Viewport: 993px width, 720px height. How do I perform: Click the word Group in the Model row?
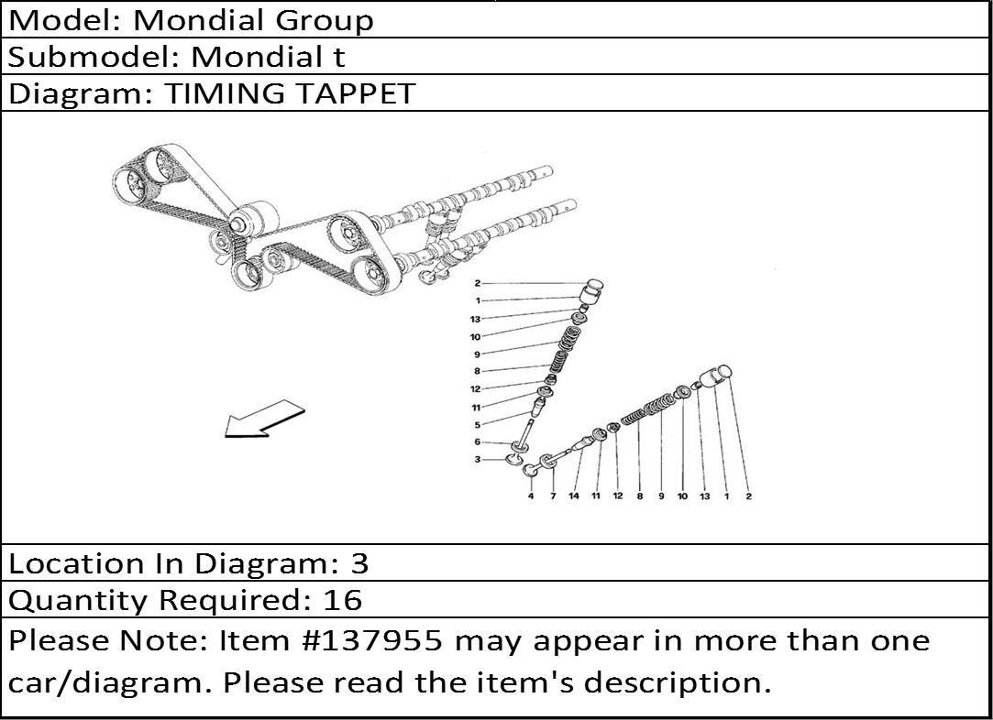325,20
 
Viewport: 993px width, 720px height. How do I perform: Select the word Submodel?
94,57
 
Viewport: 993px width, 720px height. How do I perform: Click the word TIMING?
225,93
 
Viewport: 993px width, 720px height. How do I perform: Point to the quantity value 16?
343,599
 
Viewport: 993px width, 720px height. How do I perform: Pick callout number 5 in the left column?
477,424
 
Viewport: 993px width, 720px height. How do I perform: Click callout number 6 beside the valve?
477,442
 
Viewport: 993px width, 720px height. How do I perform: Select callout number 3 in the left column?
477,459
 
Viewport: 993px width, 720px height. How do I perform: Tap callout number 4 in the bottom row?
531,496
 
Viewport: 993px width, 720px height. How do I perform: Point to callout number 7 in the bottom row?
553,496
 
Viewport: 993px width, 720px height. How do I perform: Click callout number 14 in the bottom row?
574,496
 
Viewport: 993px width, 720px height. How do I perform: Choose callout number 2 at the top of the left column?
477,283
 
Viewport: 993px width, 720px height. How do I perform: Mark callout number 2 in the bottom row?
748,496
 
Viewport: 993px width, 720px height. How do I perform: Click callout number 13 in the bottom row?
704,496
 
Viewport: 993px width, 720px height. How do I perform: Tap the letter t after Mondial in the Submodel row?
339,57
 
